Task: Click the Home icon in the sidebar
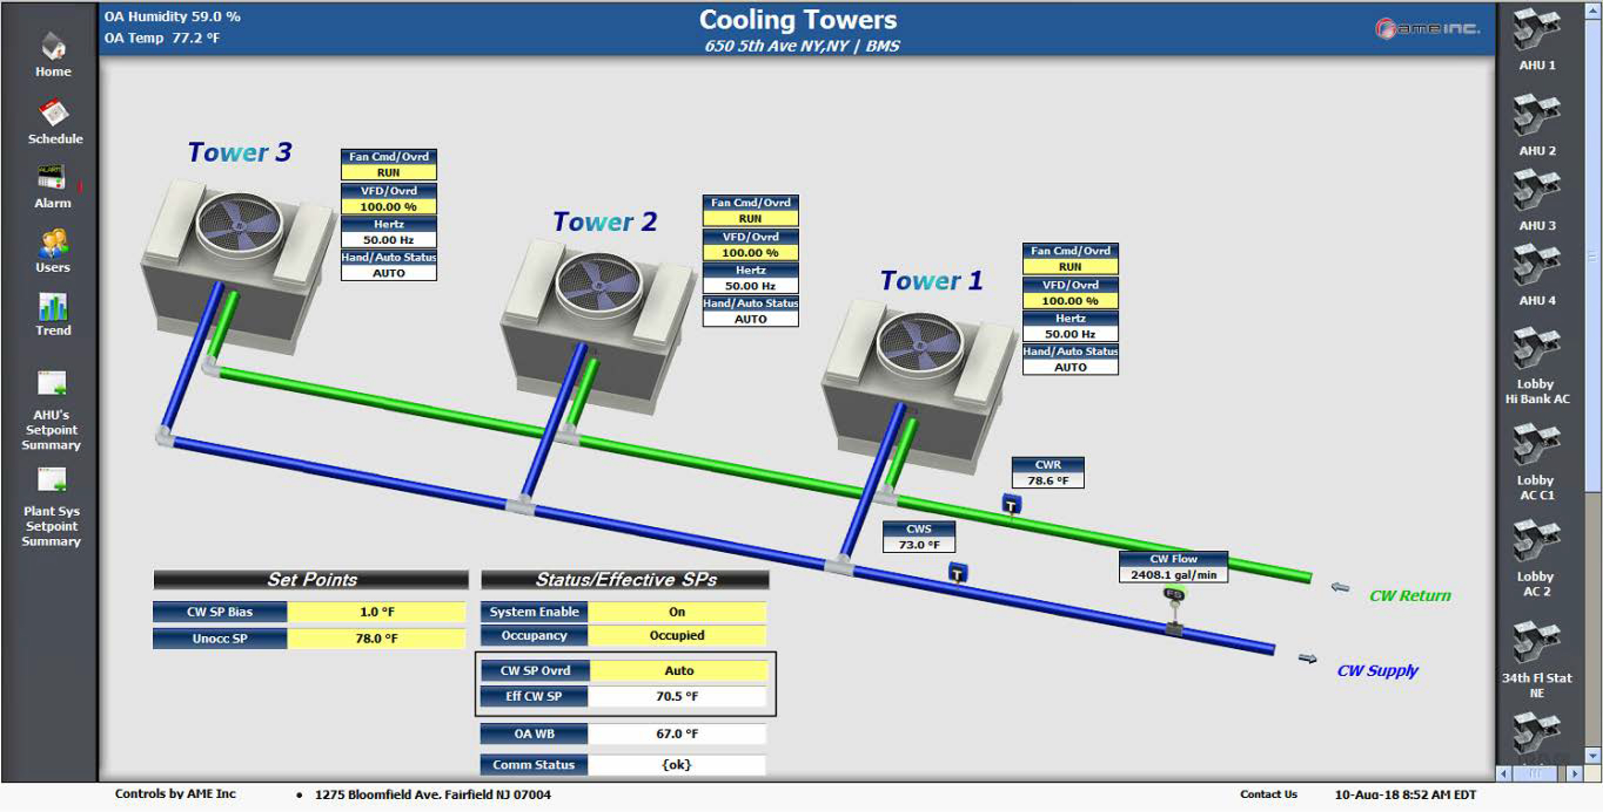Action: coord(53,47)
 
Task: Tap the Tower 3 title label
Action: coord(240,152)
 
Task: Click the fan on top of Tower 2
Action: coord(598,283)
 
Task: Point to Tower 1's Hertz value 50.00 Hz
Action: coord(1070,334)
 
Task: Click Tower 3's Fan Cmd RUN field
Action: coord(388,172)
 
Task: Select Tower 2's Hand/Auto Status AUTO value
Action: coord(750,319)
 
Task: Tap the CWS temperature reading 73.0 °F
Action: coord(918,545)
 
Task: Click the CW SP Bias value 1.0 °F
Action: coord(376,612)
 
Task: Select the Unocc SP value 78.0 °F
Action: coord(376,638)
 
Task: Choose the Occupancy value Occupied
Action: coord(676,635)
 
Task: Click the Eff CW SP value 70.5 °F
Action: coord(676,696)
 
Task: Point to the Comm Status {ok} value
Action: coord(676,765)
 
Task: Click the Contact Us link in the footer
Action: coord(1268,794)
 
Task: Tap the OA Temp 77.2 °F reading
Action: coord(162,38)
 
